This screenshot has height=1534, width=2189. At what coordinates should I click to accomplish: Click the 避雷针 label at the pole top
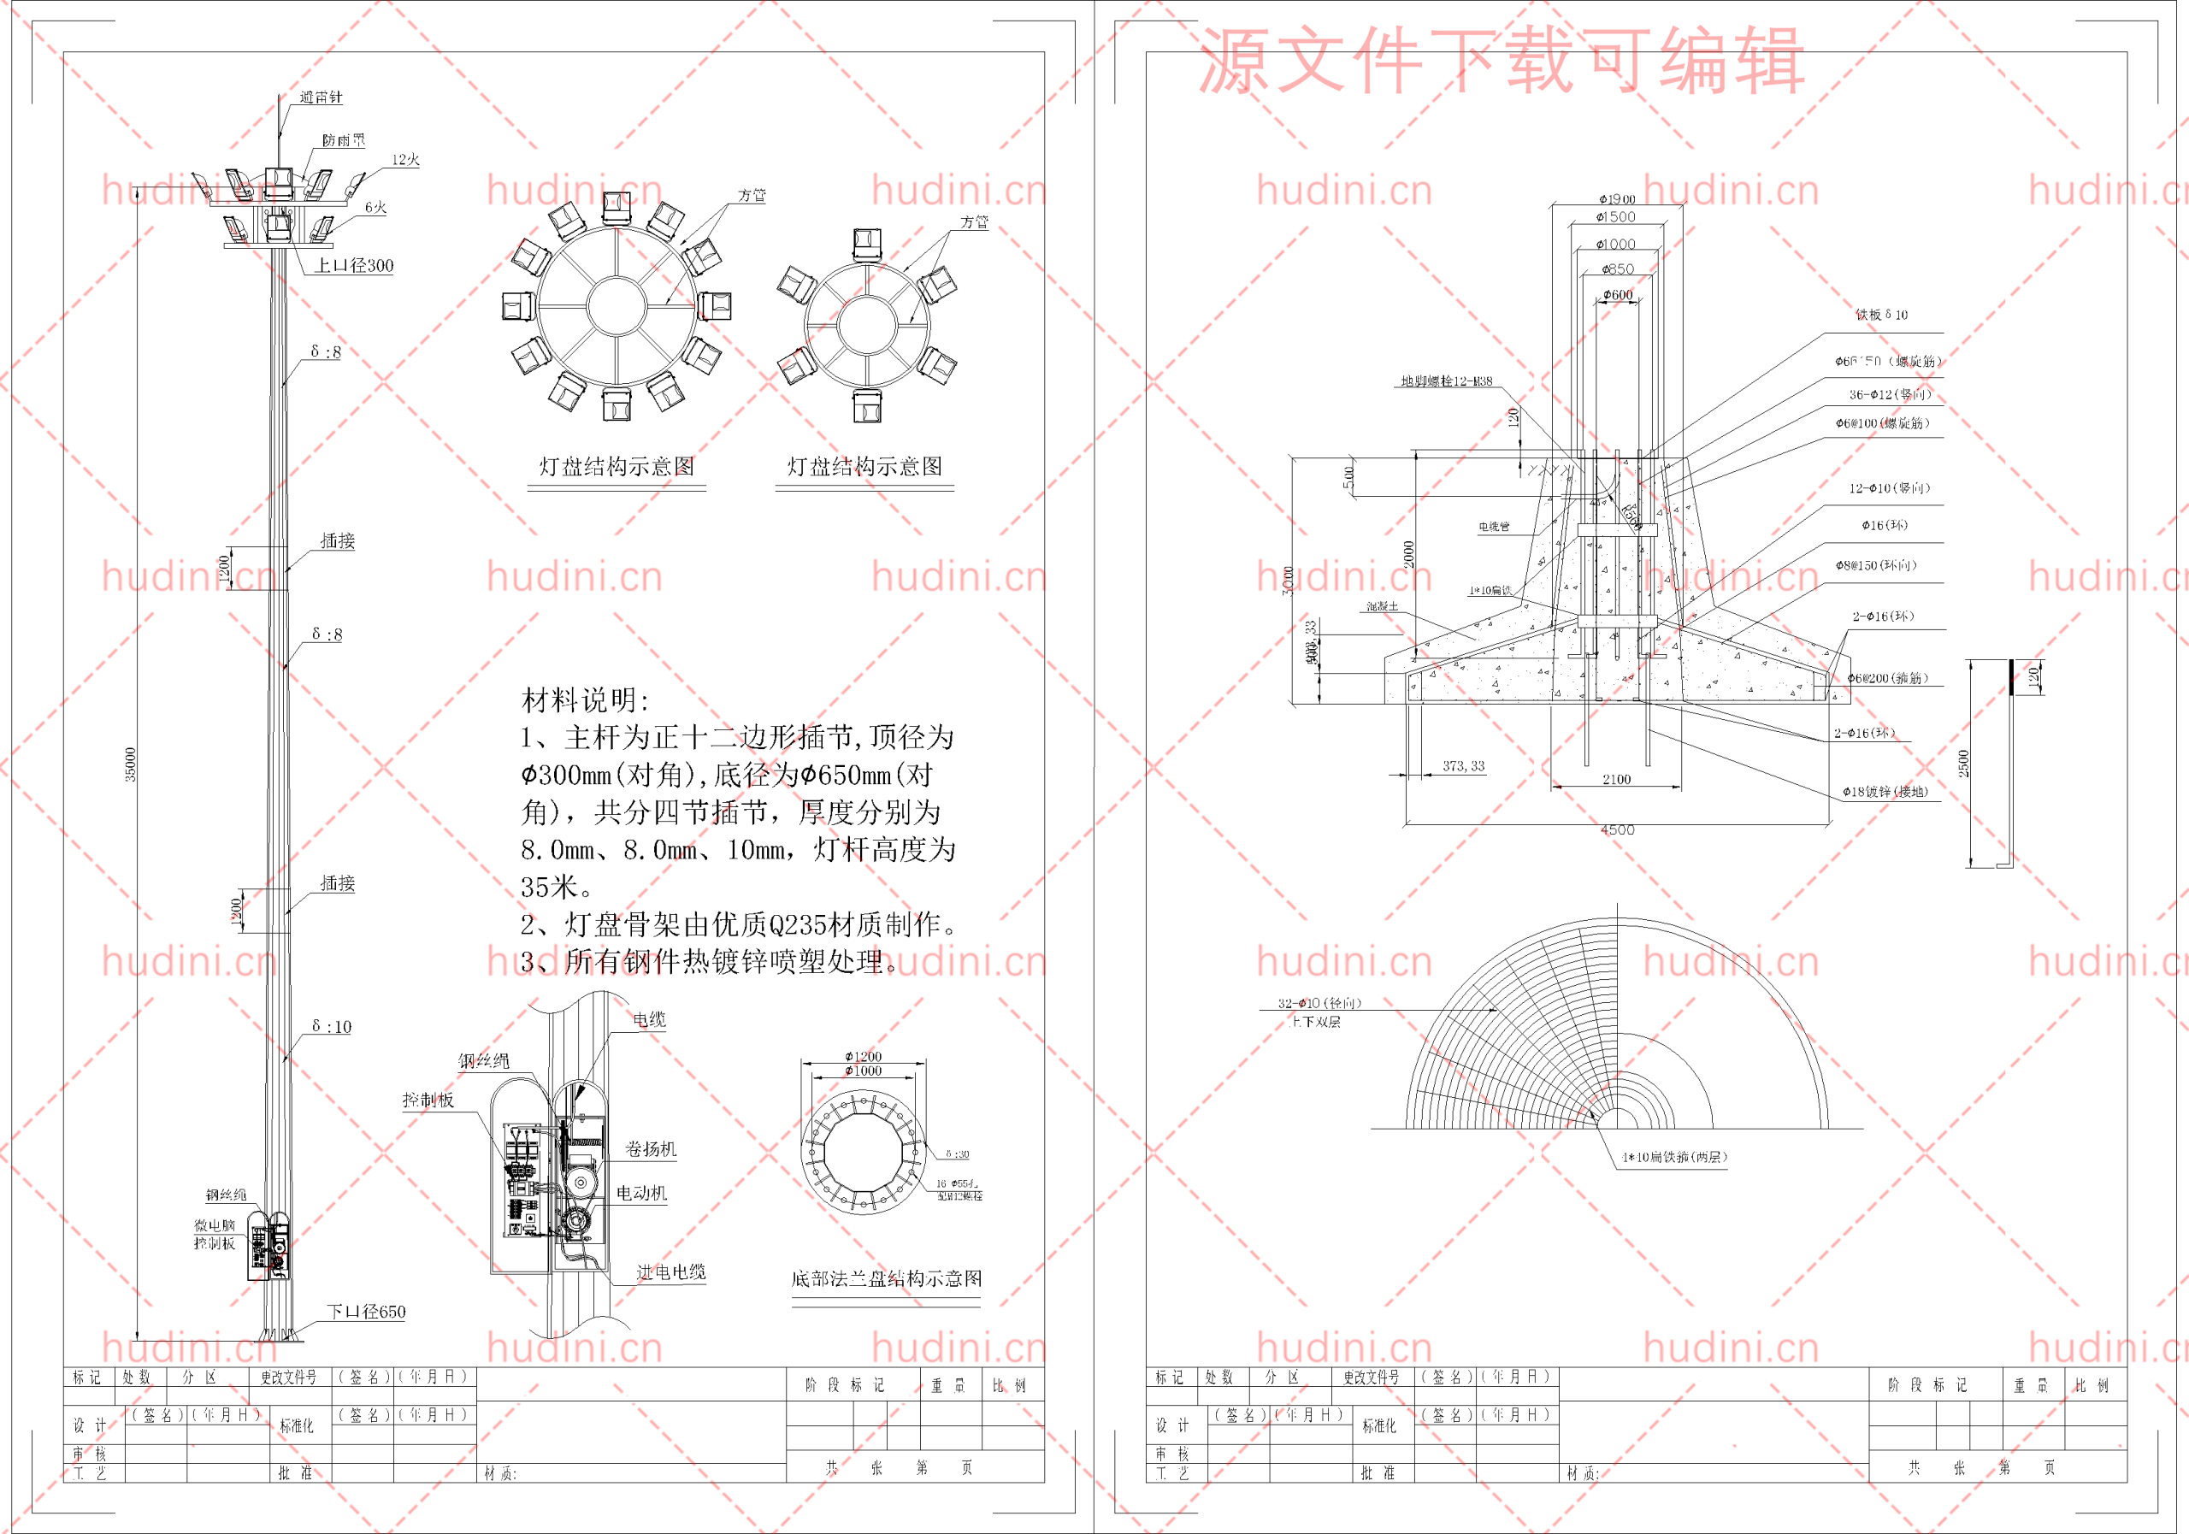pos(321,97)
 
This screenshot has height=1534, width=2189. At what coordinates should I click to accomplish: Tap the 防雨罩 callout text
pos(343,141)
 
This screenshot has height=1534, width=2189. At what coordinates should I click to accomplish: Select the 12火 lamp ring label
pos(405,160)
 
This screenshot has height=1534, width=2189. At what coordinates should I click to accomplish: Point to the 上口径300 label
pos(354,266)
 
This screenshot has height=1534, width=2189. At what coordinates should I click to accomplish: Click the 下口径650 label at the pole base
pos(366,1312)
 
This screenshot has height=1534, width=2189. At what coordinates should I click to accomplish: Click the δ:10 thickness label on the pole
pos(331,1027)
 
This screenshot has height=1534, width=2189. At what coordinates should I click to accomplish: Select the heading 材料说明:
pos(584,701)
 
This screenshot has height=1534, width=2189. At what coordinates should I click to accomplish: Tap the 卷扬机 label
pos(650,1149)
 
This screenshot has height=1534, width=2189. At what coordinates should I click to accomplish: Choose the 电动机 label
pos(640,1193)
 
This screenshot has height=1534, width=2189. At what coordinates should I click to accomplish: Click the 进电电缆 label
pos(670,1271)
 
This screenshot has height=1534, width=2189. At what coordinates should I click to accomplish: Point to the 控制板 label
pos(428,1100)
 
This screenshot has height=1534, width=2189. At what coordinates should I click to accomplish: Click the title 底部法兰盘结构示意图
pos(886,1278)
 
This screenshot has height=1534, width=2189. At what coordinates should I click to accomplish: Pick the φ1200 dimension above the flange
pos(863,1056)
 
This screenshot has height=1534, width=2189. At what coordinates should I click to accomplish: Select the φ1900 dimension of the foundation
pos(1616,199)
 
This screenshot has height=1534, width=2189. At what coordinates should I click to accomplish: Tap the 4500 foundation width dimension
pos(1617,830)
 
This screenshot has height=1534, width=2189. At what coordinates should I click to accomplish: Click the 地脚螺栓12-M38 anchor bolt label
pos(1446,381)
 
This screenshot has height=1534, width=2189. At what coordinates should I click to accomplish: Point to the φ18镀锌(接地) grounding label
pos(1884,791)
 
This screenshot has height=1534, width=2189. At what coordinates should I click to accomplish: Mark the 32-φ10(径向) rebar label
pos(1319,1003)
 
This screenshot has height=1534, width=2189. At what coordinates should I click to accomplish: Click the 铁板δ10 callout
pos(1881,315)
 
